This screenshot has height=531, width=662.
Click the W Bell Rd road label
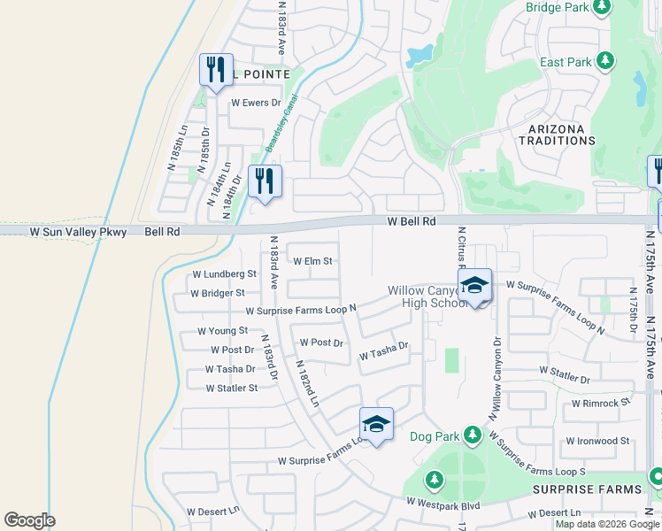coord(412,221)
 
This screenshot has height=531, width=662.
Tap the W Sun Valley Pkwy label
coord(78,232)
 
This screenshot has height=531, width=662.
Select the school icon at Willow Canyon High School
coord(475,286)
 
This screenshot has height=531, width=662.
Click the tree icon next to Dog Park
coord(473,435)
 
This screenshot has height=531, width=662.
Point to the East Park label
coord(566,62)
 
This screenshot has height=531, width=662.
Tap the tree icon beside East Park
coord(604,61)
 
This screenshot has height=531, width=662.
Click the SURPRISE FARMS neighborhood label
coord(587,489)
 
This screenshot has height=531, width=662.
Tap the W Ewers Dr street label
coord(256,103)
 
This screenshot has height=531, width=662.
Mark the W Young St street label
coord(217,330)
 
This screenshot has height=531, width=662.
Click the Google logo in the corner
coord(29,520)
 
